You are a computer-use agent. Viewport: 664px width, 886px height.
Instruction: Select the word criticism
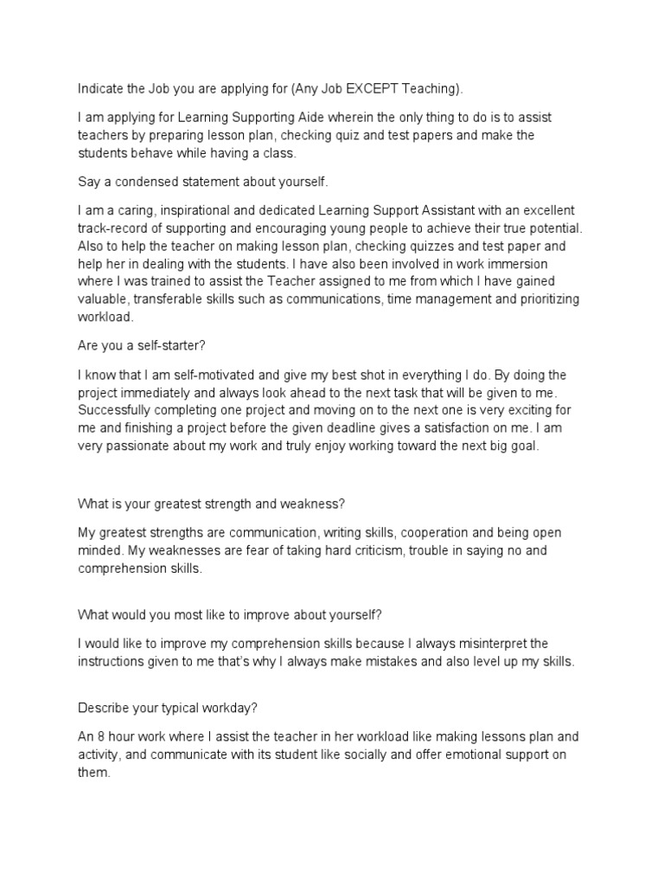(x=359, y=550)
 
